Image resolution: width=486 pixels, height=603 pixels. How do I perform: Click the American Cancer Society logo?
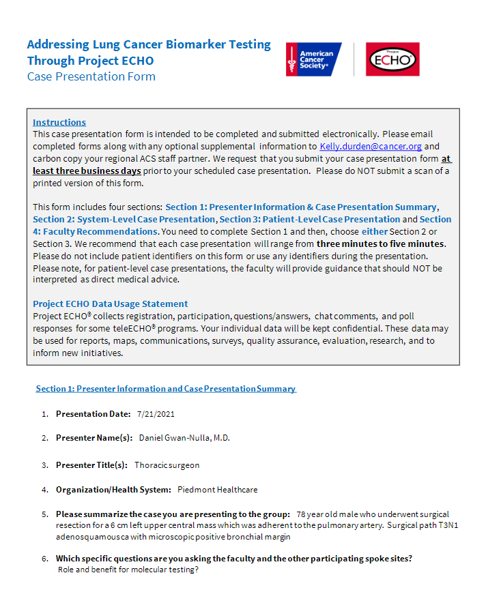tap(311, 59)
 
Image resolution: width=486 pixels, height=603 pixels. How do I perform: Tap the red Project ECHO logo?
tap(392, 59)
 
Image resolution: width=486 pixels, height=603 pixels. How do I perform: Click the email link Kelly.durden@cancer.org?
tap(371, 147)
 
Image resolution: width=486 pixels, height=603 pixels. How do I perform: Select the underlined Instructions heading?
tap(59, 123)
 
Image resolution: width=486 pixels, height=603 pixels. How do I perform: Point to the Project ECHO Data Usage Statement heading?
tap(111, 304)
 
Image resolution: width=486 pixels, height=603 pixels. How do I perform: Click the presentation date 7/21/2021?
tap(156, 414)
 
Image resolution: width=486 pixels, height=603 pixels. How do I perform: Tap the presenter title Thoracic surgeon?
tap(167, 465)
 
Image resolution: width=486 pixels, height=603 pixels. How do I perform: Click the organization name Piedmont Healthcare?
tap(217, 490)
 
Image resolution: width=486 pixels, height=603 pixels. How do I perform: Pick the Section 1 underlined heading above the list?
tap(166, 389)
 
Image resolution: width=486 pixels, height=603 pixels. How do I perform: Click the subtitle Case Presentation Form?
tap(91, 76)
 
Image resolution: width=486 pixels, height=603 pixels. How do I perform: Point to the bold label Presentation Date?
tap(93, 414)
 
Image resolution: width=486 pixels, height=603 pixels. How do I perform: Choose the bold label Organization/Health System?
tap(113, 490)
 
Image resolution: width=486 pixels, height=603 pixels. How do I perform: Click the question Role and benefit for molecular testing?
tap(128, 570)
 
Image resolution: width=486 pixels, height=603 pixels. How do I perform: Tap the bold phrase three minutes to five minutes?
tap(380, 244)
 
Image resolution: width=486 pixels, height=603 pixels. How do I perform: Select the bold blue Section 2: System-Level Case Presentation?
tap(124, 220)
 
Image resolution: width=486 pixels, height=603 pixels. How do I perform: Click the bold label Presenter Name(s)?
tap(94, 438)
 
